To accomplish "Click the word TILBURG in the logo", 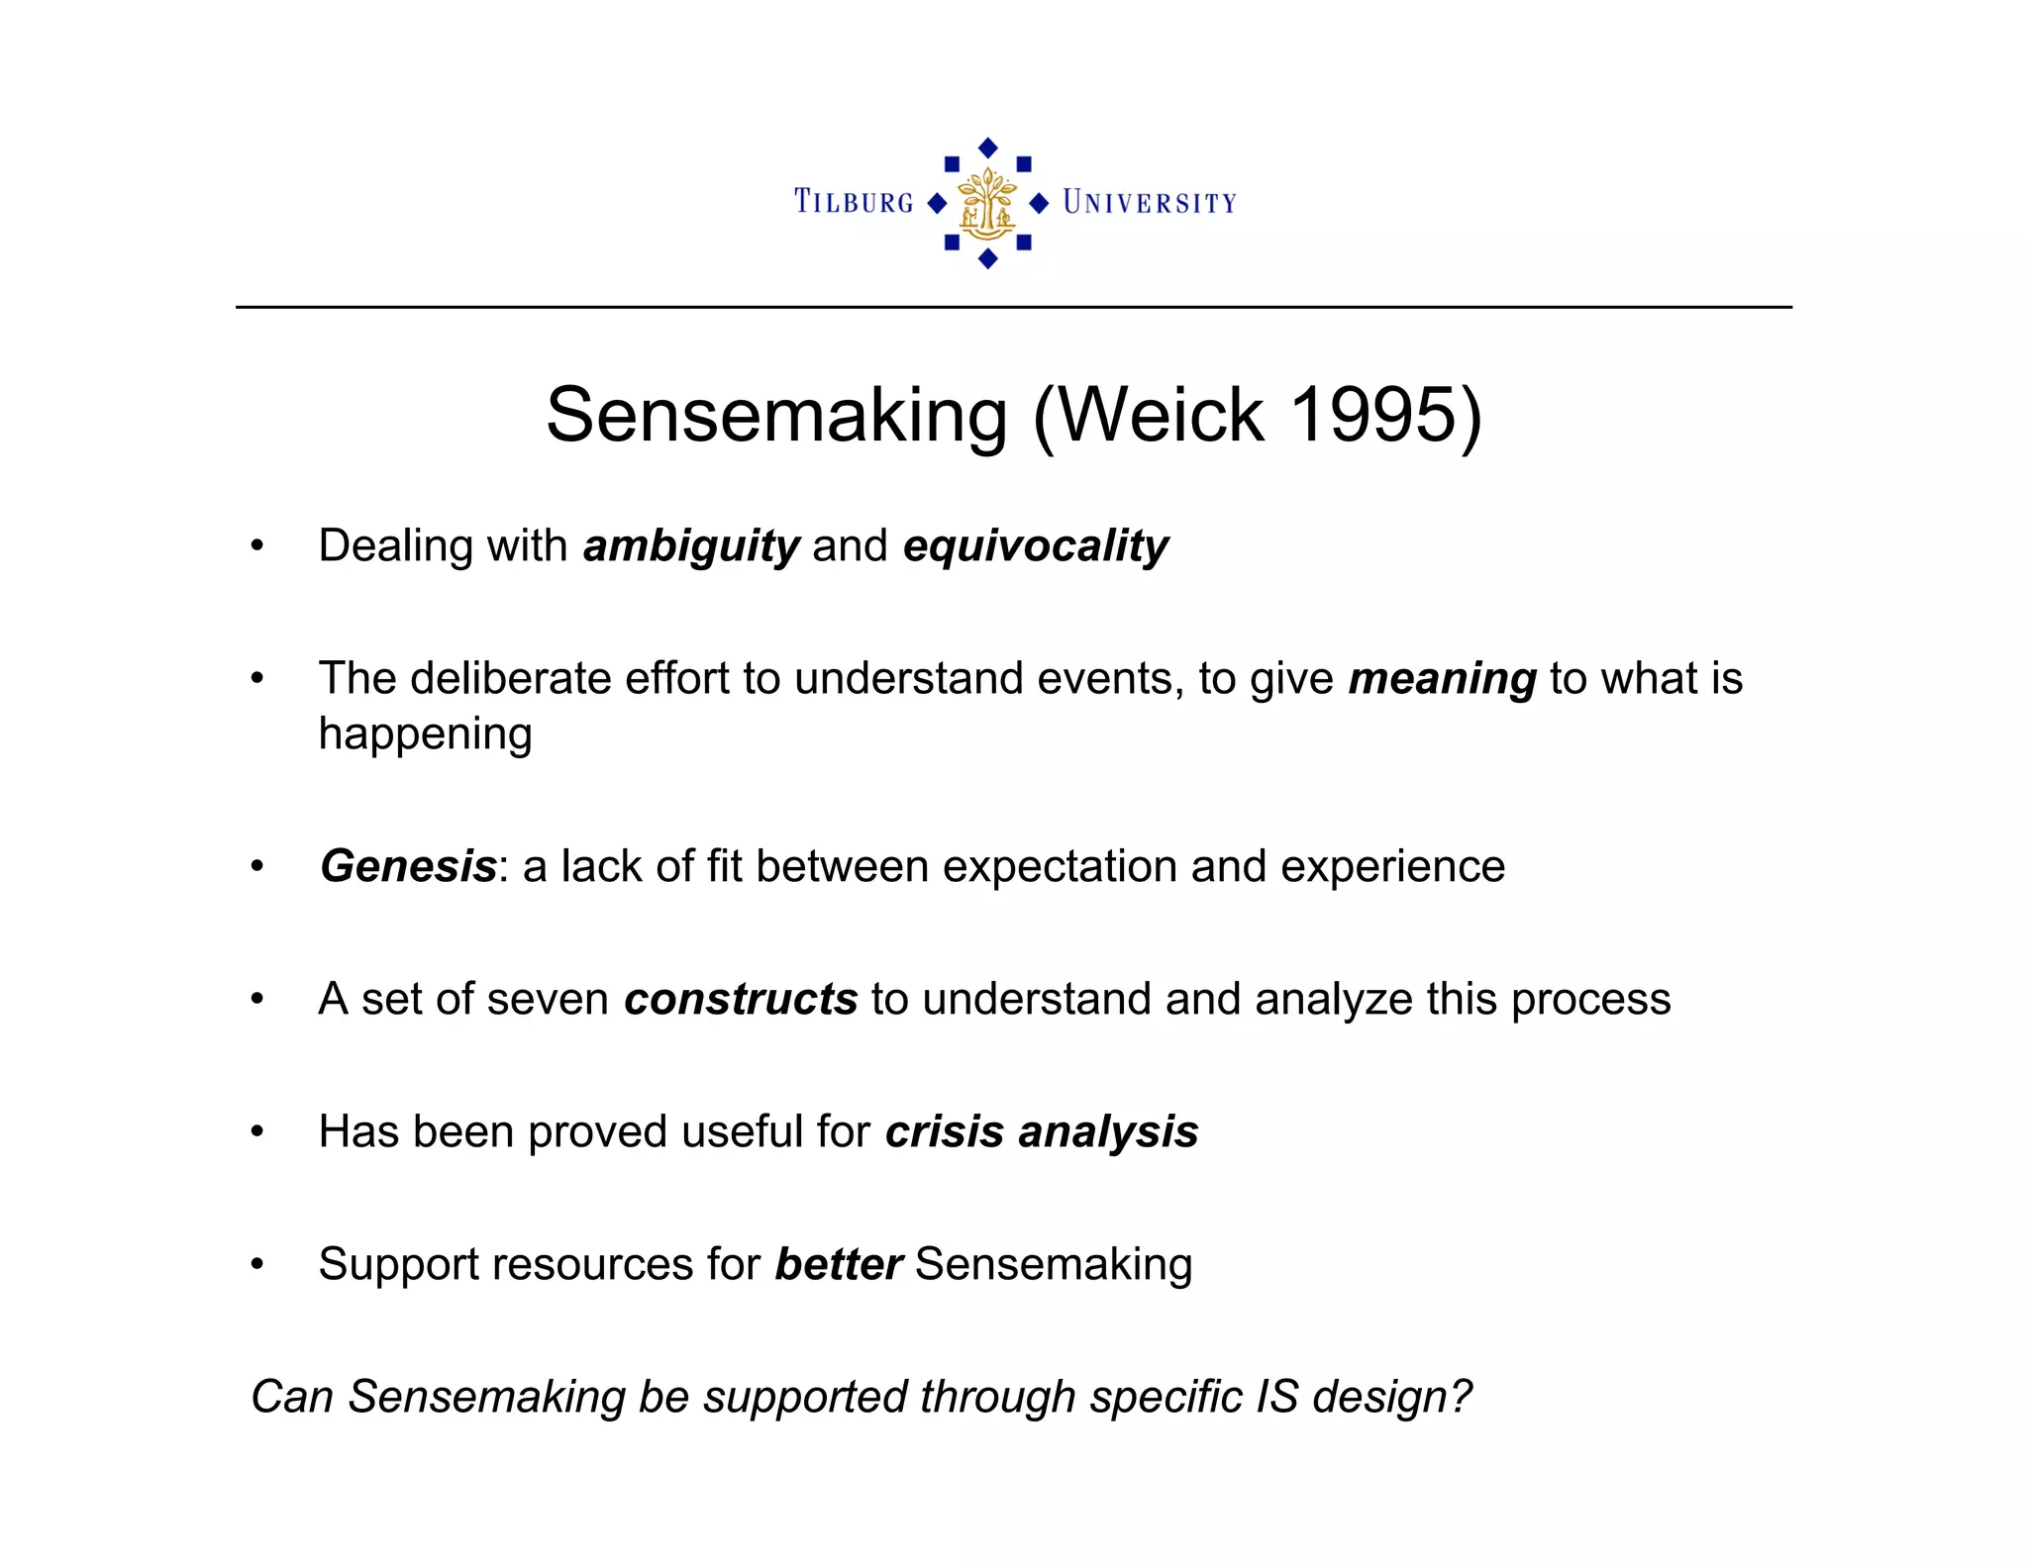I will click(x=854, y=202).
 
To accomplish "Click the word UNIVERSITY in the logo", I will click(x=1150, y=203).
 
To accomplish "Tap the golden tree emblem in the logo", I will click(x=987, y=203).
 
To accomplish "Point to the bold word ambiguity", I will click(x=691, y=546).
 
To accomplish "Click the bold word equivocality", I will click(x=1036, y=546).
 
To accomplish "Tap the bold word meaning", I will click(x=1442, y=679).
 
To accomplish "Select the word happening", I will click(x=425, y=734).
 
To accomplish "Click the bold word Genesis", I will click(x=408, y=866).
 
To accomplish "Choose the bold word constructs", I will click(x=741, y=999).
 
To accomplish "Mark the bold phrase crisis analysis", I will click(x=1042, y=1131).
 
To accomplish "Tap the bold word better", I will click(x=838, y=1264).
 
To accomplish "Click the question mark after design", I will click(x=1462, y=1397).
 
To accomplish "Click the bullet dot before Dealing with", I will click(x=257, y=545).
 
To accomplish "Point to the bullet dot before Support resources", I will click(x=257, y=1264).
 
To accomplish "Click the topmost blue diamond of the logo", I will click(x=987, y=147).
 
